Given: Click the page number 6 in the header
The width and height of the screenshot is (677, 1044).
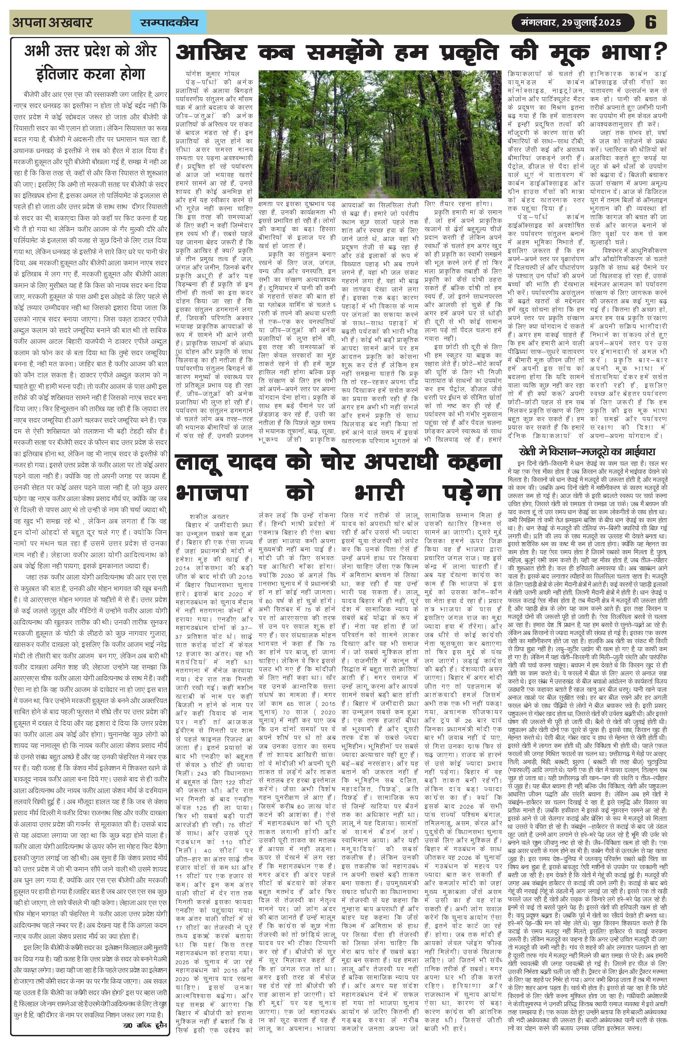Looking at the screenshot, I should (650, 22).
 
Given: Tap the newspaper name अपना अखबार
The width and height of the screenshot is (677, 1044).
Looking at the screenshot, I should (53, 22).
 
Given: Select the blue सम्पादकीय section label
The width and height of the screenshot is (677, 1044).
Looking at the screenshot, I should (169, 22).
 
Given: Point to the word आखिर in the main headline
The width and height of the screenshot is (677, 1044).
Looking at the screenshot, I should (211, 53).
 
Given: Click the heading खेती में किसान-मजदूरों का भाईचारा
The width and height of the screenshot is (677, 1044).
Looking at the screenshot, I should (587, 451).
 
